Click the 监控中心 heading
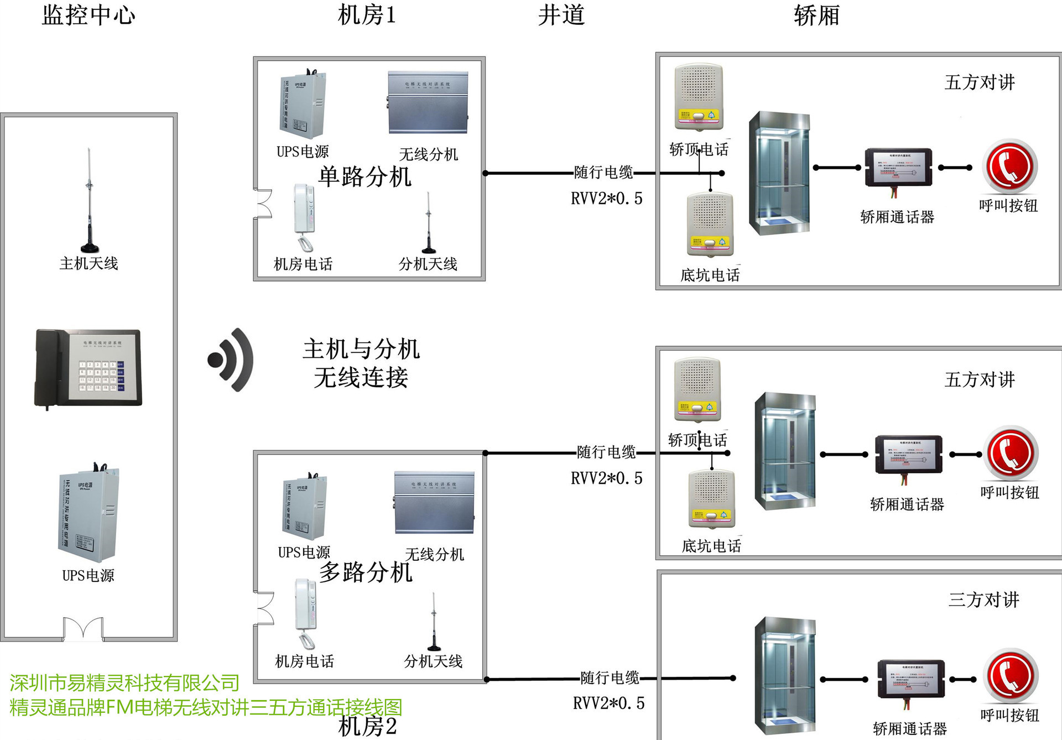pos(88,15)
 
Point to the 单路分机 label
pos(365,177)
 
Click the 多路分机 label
pos(366,572)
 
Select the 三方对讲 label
pos(983,600)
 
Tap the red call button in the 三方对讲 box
pos(1010,676)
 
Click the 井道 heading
pos(561,15)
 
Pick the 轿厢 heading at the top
pos(816,15)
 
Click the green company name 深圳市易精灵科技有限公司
pos(124,683)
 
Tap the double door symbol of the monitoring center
pos(83,629)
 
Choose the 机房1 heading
pos(367,15)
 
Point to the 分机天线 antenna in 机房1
pos(429,223)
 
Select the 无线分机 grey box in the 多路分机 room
pos(434,502)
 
